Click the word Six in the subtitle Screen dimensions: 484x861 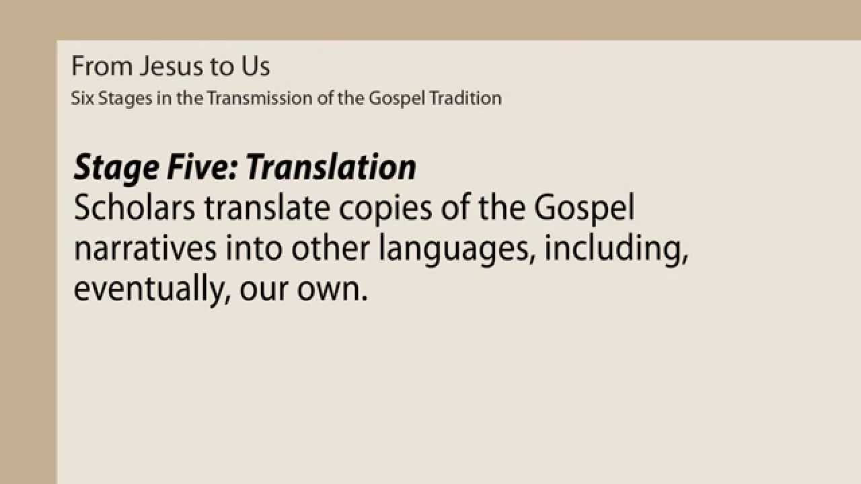click(x=82, y=98)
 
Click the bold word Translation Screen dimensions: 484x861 click(x=331, y=167)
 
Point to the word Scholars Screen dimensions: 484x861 click(x=135, y=208)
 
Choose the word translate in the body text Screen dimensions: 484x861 click(x=268, y=208)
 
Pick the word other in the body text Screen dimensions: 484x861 click(x=329, y=249)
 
